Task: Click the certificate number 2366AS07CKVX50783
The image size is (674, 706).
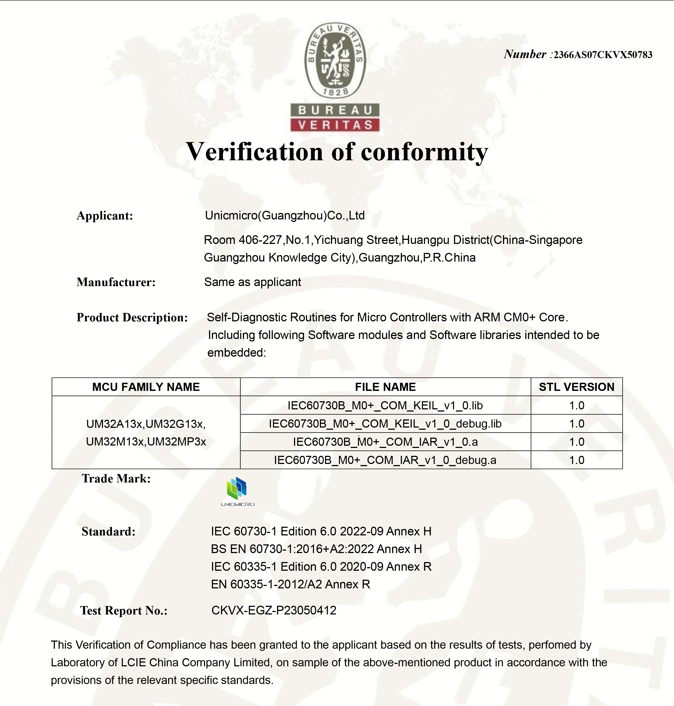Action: point(603,55)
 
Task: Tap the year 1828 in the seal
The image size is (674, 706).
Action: point(335,92)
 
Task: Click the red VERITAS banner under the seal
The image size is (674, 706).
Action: point(335,125)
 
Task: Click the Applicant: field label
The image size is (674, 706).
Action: point(105,216)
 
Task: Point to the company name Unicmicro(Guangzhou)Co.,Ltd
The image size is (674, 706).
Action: point(285,215)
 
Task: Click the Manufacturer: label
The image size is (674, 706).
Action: point(116,282)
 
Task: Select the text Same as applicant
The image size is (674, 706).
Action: point(252,282)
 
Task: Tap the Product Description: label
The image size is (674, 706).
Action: point(132,318)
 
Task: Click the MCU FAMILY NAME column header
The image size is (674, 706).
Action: point(146,387)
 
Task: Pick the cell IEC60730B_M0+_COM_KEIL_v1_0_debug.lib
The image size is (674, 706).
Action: point(385,424)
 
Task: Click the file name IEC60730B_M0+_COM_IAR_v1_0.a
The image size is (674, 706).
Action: point(385,442)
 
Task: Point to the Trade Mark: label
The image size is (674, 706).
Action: point(116,479)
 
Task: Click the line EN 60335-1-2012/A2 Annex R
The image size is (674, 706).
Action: point(290,584)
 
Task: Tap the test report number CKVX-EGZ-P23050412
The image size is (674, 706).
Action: point(274,610)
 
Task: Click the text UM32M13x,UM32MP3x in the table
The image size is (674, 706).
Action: point(146,442)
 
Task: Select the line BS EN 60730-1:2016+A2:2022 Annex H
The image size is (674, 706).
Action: point(316,549)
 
